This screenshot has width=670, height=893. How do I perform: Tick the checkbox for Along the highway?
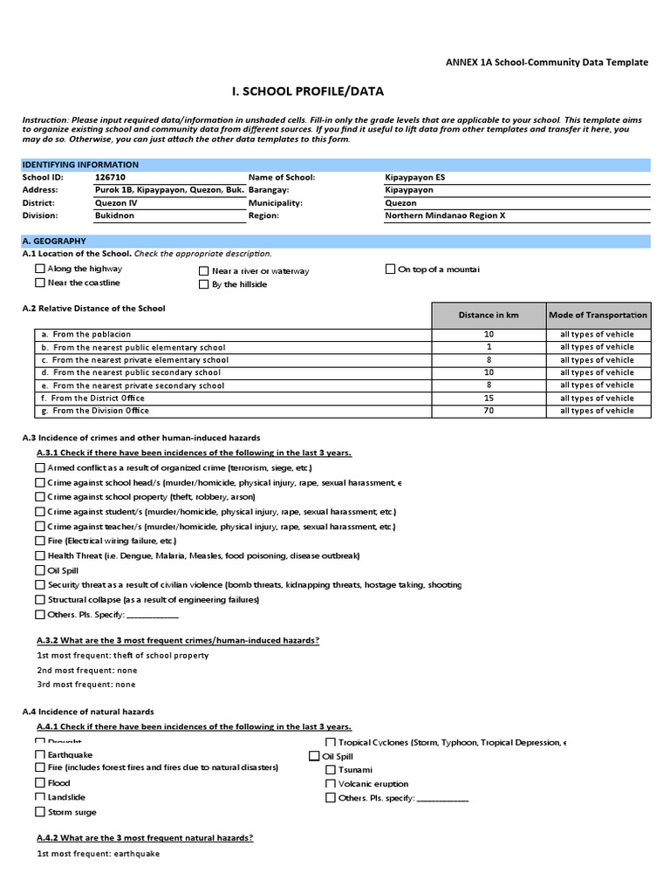pyautogui.click(x=40, y=269)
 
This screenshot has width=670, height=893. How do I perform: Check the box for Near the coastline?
pyautogui.click(x=40, y=283)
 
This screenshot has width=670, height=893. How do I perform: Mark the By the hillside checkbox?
pyautogui.click(x=204, y=284)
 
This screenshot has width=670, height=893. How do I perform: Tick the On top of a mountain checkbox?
pyautogui.click(x=390, y=269)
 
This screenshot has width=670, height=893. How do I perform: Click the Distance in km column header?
pyautogui.click(x=489, y=315)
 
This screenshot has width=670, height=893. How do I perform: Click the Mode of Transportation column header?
pyautogui.click(x=598, y=315)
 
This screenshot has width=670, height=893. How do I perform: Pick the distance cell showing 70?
pyautogui.click(x=489, y=411)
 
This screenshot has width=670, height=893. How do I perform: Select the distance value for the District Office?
pyautogui.click(x=489, y=398)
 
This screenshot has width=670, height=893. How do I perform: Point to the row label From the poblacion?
pyautogui.click(x=92, y=334)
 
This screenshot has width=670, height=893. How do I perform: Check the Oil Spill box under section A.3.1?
pyautogui.click(x=40, y=570)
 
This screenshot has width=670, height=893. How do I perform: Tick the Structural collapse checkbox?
pyautogui.click(x=40, y=600)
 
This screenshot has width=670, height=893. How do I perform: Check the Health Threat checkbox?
pyautogui.click(x=40, y=556)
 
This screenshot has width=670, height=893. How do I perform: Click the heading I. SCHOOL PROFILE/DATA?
pyautogui.click(x=306, y=92)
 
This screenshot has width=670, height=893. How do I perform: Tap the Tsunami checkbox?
pyautogui.click(x=331, y=770)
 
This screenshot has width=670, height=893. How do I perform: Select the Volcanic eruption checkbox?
pyautogui.click(x=331, y=784)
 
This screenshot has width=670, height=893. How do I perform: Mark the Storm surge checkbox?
pyautogui.click(x=40, y=812)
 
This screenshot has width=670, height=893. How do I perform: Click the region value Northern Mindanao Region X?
pyautogui.click(x=445, y=215)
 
